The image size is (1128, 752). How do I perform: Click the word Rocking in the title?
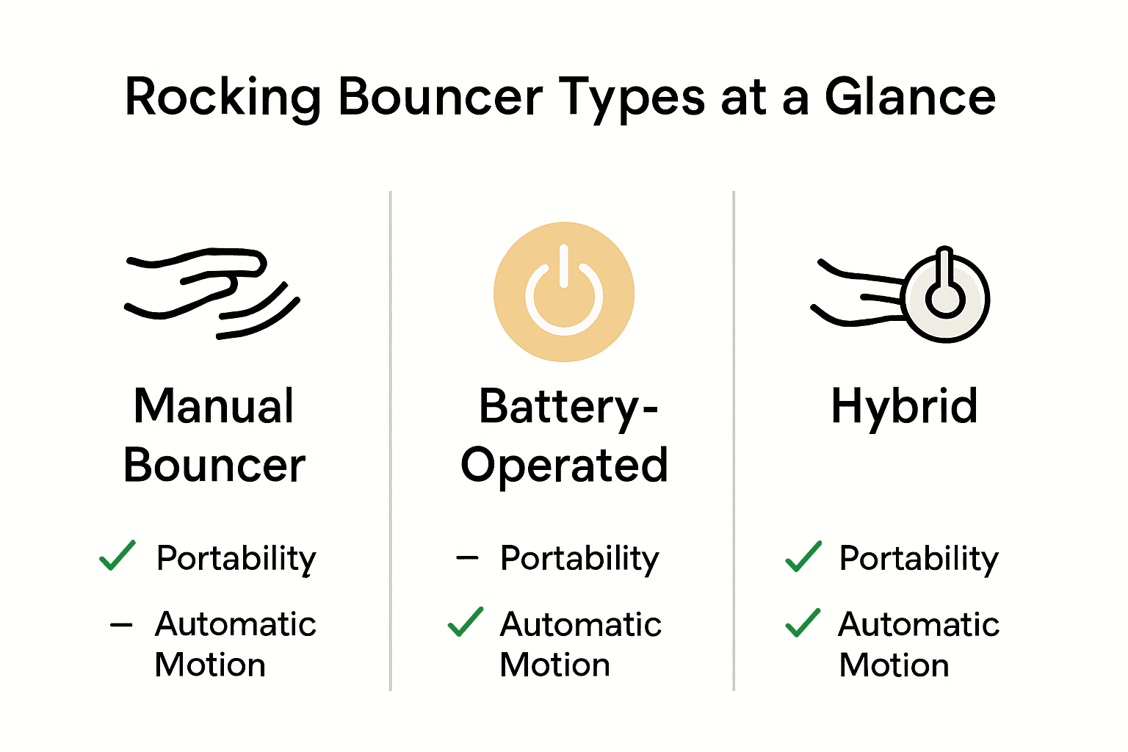(x=223, y=98)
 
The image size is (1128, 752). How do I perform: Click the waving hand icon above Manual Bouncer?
(x=211, y=294)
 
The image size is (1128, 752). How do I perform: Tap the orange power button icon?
(x=563, y=292)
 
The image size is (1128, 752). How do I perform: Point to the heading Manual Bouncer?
(x=214, y=435)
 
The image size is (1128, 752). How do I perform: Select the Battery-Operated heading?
(x=564, y=435)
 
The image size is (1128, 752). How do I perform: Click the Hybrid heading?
(x=904, y=406)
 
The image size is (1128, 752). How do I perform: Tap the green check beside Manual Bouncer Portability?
(x=117, y=556)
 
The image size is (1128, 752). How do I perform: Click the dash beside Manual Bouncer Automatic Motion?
(x=121, y=626)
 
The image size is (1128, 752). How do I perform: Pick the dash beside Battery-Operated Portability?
(x=467, y=558)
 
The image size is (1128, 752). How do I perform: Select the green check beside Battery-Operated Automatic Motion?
(x=466, y=622)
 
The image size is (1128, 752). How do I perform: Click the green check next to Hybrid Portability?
(x=803, y=557)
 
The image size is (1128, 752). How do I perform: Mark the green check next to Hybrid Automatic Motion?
(x=803, y=623)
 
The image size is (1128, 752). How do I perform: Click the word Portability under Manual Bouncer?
(x=236, y=559)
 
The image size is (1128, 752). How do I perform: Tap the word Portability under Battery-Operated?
(x=579, y=559)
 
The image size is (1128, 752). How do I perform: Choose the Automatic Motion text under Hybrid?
(x=918, y=644)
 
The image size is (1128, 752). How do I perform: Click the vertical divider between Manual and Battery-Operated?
(x=391, y=441)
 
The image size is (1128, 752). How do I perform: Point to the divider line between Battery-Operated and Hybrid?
(x=734, y=441)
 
